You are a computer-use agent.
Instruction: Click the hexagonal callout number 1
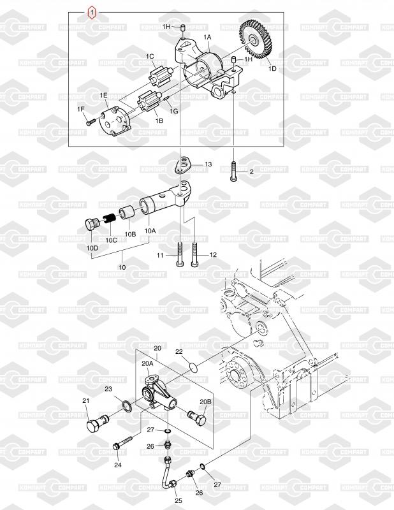pos(93,11)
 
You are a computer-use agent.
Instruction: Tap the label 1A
pos(207,38)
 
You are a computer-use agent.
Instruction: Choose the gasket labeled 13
pos(183,165)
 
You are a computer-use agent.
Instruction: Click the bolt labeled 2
pos(235,171)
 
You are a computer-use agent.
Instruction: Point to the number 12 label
pos(213,255)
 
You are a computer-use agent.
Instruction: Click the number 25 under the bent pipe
pos(179,500)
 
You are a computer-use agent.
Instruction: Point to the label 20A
pos(146,363)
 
